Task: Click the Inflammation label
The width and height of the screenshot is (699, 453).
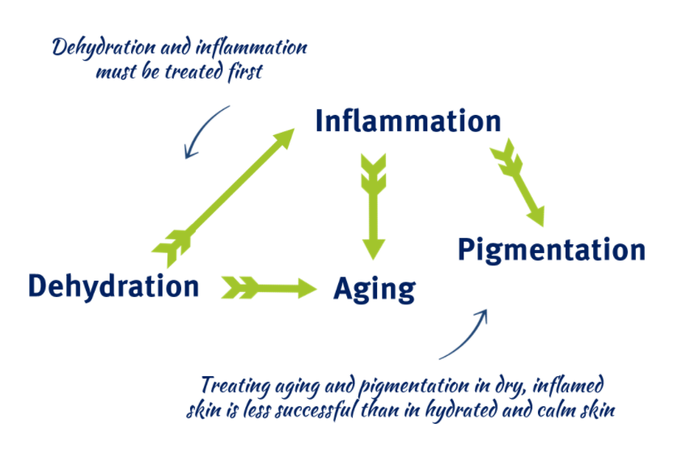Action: [408, 121]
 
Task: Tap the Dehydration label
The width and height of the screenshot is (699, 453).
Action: [114, 286]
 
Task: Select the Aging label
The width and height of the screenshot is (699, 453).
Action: [375, 290]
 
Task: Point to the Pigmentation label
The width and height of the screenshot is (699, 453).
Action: [552, 250]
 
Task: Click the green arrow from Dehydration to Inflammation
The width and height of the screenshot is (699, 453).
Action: [223, 198]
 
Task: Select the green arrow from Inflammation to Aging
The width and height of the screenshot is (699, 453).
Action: [374, 206]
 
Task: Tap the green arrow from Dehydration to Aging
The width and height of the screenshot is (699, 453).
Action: [269, 288]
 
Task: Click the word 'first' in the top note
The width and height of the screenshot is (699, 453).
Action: [246, 72]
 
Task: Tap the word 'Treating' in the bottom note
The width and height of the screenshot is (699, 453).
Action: [235, 386]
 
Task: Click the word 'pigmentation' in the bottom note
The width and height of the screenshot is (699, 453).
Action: [414, 386]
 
